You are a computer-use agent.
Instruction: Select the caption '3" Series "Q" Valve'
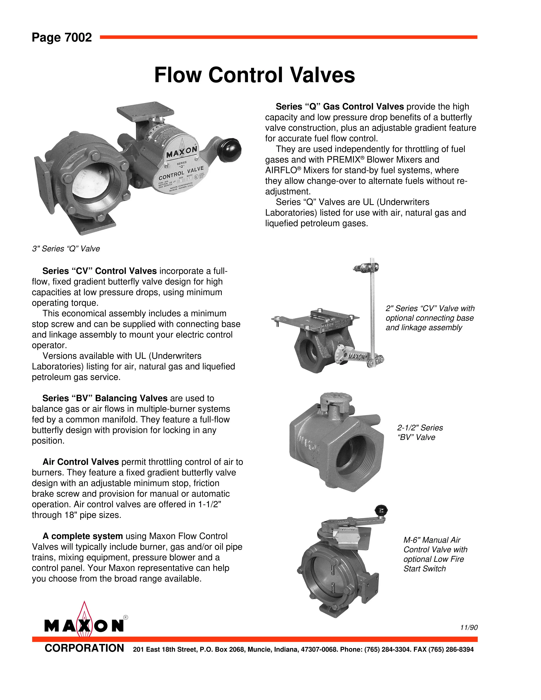pos(66,249)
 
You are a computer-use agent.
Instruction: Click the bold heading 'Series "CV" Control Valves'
pos(99,271)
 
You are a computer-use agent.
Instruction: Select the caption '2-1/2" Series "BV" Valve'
pos(420,432)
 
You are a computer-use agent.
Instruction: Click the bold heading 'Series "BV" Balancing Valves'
pos(105,398)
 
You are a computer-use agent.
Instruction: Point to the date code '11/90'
pos(469,628)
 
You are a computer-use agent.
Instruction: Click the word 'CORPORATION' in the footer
pos(84,648)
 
